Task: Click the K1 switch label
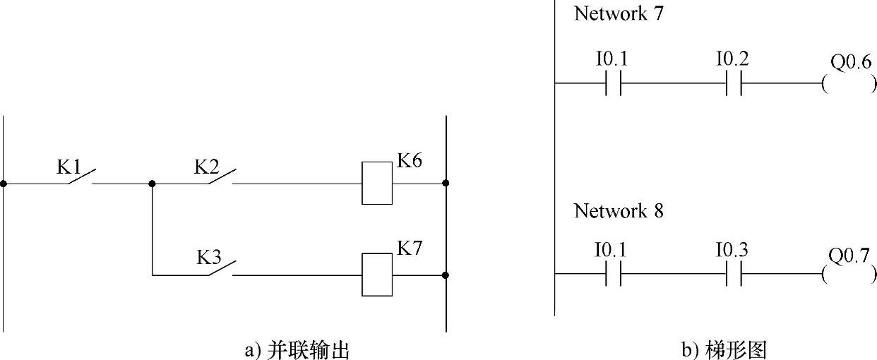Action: coord(68,167)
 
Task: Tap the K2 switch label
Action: coord(207,167)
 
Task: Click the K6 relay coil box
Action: coord(377,184)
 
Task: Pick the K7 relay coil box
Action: coord(377,275)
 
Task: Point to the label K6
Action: coord(410,160)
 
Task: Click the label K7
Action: coord(410,248)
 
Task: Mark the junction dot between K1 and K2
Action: coord(153,184)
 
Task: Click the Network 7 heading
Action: coord(619,14)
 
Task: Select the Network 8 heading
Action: coord(619,210)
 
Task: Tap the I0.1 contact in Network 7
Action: coord(612,84)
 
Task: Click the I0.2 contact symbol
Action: coord(733,84)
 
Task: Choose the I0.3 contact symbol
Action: coord(733,274)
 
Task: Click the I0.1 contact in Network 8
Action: coord(612,274)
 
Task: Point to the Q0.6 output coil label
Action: coord(850,63)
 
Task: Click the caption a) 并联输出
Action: coord(297,349)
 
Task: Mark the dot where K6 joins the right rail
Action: coord(446,184)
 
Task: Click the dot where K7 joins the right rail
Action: coord(446,275)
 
